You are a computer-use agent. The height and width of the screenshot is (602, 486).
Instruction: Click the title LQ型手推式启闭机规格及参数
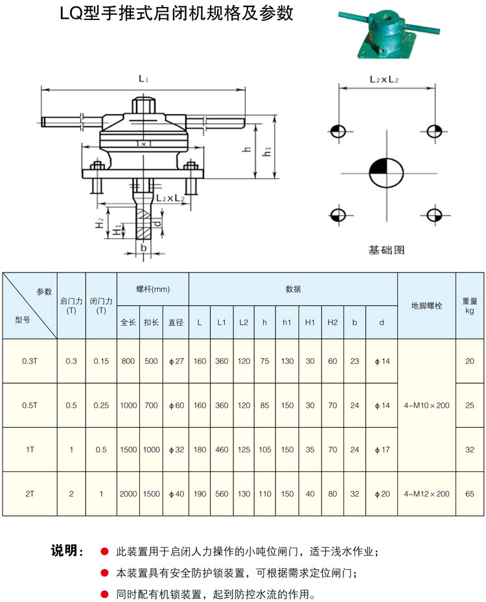[176, 14]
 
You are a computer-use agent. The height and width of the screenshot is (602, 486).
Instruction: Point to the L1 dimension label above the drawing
[143, 79]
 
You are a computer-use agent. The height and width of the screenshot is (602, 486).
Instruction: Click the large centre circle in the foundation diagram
[386, 173]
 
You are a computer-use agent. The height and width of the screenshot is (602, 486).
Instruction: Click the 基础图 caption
[386, 249]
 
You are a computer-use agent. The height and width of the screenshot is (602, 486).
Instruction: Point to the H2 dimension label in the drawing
[99, 223]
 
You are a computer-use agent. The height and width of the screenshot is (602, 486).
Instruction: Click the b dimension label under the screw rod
[143, 247]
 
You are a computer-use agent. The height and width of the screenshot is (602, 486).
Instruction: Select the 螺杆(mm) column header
[153, 289]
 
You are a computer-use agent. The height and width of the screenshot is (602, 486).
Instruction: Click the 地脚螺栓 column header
[426, 306]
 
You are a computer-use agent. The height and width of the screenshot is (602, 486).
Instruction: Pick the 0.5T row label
[29, 405]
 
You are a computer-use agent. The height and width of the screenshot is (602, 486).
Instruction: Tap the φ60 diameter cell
[176, 405]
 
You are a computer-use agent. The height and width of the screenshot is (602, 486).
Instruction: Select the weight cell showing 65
[470, 494]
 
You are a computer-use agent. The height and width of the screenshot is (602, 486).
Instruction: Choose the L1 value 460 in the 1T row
[222, 449]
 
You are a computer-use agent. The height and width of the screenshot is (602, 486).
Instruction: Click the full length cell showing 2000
[128, 494]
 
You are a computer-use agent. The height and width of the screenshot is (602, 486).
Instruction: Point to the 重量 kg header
[470, 306]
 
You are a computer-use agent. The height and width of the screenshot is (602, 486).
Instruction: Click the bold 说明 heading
[66, 552]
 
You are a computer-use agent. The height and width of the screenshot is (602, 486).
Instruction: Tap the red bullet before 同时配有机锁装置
[104, 594]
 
